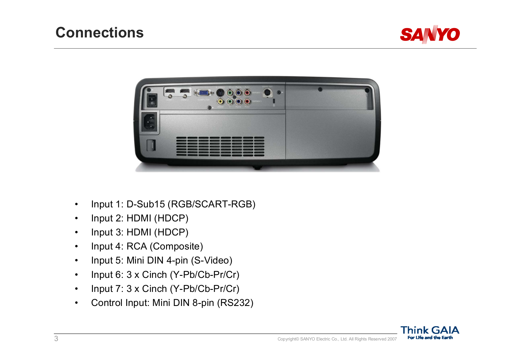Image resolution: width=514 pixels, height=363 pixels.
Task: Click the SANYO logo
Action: click(430, 35)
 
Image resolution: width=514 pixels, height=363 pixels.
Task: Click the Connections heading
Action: click(100, 32)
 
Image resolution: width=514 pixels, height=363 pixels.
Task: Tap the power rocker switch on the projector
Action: click(152, 100)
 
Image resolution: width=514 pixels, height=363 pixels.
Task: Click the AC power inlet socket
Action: click(149, 122)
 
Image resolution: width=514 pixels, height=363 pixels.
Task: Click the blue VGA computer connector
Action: click(203, 93)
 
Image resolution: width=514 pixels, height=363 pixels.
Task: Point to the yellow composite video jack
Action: click(220, 101)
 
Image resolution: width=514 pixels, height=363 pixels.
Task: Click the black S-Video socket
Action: click(220, 93)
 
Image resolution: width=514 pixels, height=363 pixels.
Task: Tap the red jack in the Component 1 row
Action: click(247, 93)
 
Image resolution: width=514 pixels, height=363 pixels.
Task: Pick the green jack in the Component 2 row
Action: click(230, 101)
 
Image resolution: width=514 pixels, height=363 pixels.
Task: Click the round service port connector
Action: click(267, 93)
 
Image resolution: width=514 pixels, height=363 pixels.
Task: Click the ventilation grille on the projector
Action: click(220, 146)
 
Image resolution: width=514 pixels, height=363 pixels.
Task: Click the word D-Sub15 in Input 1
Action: click(146, 204)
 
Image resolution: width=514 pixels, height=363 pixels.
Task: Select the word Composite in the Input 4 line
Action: click(176, 247)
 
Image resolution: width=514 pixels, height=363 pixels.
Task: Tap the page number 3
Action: click(56, 339)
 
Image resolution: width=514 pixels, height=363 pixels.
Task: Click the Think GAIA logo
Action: click(430, 333)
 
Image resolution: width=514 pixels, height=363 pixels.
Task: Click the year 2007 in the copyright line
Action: click(392, 339)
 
